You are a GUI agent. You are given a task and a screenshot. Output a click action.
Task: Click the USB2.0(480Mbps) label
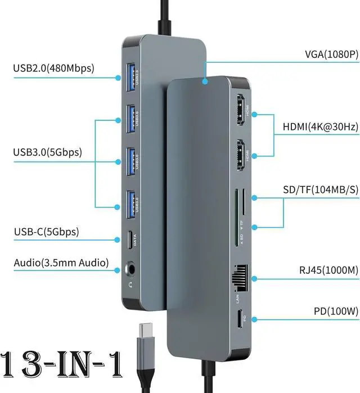54,69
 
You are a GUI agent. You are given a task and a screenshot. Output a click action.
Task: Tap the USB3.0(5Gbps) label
48,152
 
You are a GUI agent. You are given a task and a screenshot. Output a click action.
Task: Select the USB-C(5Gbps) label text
46,232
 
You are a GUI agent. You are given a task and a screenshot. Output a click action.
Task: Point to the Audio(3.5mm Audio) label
61,263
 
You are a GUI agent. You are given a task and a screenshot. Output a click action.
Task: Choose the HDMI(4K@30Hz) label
320,127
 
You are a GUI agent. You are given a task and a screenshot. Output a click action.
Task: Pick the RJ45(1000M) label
328,270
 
